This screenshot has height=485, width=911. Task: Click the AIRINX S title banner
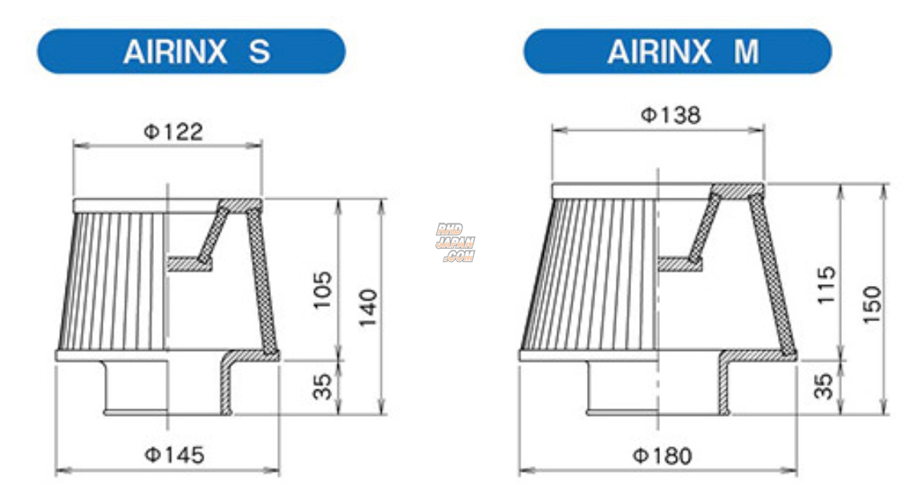pos(191,51)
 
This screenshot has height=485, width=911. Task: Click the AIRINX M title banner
pos(678,51)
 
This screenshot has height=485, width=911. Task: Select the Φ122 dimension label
pos(173,132)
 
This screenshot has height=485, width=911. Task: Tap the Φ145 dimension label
pos(174,456)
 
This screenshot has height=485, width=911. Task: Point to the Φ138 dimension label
pos(670,116)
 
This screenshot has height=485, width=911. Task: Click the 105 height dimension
pos(321,291)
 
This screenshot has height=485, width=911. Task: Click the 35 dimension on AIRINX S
pos(321,386)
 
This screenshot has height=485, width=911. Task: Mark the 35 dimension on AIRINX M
pos(826,386)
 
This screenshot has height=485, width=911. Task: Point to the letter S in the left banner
pos(259,51)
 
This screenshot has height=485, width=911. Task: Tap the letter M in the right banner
pos(746,51)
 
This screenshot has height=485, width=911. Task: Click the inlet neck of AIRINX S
pos(135,387)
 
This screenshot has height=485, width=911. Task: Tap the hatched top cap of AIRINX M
pos(736,190)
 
